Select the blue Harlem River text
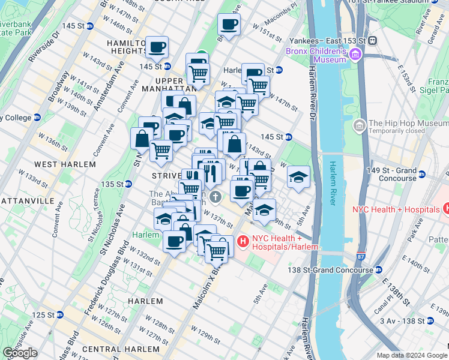tap(332, 184)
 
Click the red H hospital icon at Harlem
tap(243, 242)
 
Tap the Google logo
tap(20, 353)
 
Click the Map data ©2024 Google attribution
tap(412, 355)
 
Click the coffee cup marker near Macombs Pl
tap(229, 25)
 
